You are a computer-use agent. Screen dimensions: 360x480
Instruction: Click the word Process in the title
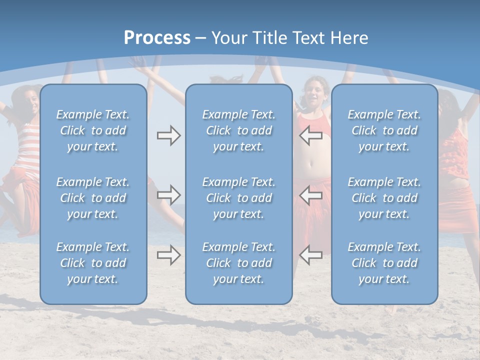click(x=157, y=38)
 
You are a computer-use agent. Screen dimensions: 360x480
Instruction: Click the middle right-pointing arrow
click(x=168, y=194)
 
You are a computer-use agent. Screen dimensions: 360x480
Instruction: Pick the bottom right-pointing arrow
click(x=168, y=255)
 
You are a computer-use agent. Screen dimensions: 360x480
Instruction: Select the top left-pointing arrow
click(x=310, y=135)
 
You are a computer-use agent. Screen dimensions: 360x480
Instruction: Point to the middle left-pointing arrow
click(x=310, y=194)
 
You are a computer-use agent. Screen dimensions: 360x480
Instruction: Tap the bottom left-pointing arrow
click(x=310, y=255)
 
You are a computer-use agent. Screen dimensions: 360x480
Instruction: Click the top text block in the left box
click(x=93, y=130)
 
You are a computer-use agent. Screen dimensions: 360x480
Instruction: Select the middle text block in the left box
click(x=93, y=198)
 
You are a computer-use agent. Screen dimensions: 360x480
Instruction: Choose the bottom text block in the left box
click(x=93, y=263)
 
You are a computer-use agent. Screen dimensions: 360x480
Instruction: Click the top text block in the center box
click(x=238, y=130)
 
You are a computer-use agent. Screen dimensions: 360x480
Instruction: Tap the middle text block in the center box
click(x=238, y=198)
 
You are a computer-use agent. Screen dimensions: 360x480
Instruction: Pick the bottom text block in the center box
click(x=238, y=263)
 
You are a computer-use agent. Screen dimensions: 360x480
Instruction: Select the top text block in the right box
click(x=384, y=130)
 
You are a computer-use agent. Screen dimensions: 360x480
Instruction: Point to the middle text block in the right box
click(x=384, y=198)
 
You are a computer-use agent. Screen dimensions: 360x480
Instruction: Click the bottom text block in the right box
click(x=384, y=263)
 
